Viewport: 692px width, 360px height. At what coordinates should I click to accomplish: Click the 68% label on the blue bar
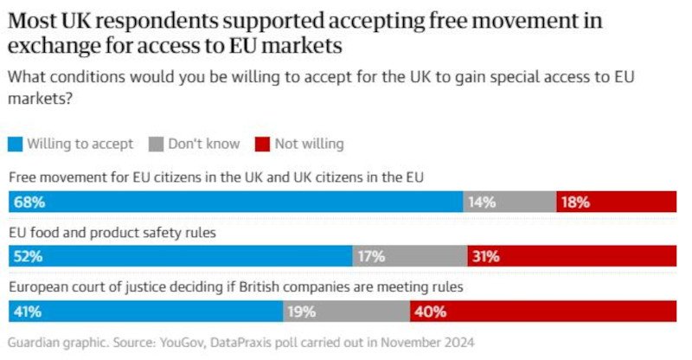click(27, 202)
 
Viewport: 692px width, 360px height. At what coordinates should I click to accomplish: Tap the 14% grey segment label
click(482, 202)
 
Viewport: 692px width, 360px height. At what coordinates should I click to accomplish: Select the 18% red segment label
click(575, 202)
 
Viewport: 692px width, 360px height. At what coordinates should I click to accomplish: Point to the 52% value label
click(27, 256)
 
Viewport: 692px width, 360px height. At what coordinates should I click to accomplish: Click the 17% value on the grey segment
click(371, 256)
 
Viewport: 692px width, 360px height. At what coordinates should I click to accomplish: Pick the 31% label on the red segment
click(486, 256)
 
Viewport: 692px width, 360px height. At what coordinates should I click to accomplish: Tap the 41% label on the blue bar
click(27, 311)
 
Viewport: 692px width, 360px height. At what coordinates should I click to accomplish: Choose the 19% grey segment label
click(302, 311)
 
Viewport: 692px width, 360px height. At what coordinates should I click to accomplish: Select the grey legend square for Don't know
click(157, 144)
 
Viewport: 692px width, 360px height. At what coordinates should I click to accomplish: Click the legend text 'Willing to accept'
click(80, 144)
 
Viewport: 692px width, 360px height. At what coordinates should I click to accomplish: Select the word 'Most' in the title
click(32, 21)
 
